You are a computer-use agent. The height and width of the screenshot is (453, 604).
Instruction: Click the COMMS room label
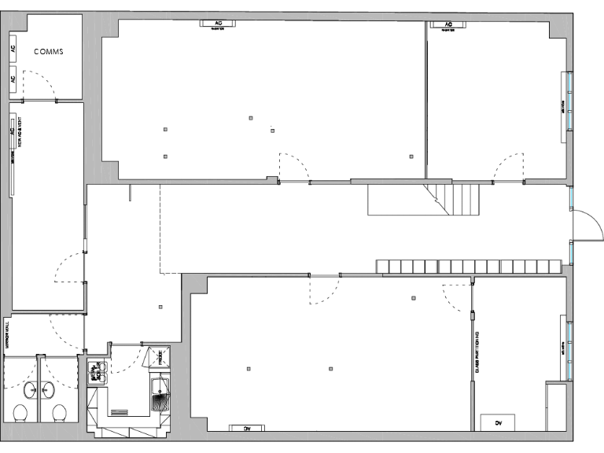[x=48, y=52]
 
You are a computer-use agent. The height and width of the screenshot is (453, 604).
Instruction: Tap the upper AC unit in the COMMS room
[x=13, y=48]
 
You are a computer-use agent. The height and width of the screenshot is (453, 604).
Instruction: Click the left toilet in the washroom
[x=21, y=414]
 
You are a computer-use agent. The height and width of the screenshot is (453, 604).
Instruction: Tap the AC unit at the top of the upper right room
[x=449, y=24]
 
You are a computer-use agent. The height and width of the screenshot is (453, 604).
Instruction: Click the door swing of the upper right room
[x=508, y=167]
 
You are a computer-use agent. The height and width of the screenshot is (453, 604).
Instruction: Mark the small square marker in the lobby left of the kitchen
[x=161, y=307]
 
